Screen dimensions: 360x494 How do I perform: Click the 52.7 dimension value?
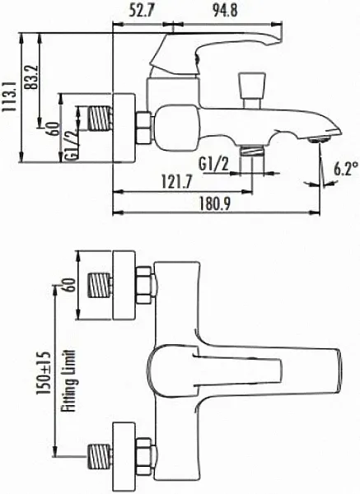142,11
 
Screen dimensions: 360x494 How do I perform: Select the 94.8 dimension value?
225,11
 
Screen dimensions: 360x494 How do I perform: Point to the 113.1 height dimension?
9,96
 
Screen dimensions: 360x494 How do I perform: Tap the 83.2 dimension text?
32,77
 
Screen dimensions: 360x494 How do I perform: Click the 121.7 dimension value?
176,182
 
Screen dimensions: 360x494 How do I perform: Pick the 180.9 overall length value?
214,204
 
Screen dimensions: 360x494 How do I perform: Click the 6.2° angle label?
346,168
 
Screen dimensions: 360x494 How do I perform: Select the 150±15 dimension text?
43,373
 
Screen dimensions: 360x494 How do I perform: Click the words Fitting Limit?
68,380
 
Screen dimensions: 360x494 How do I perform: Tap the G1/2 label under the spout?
213,165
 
